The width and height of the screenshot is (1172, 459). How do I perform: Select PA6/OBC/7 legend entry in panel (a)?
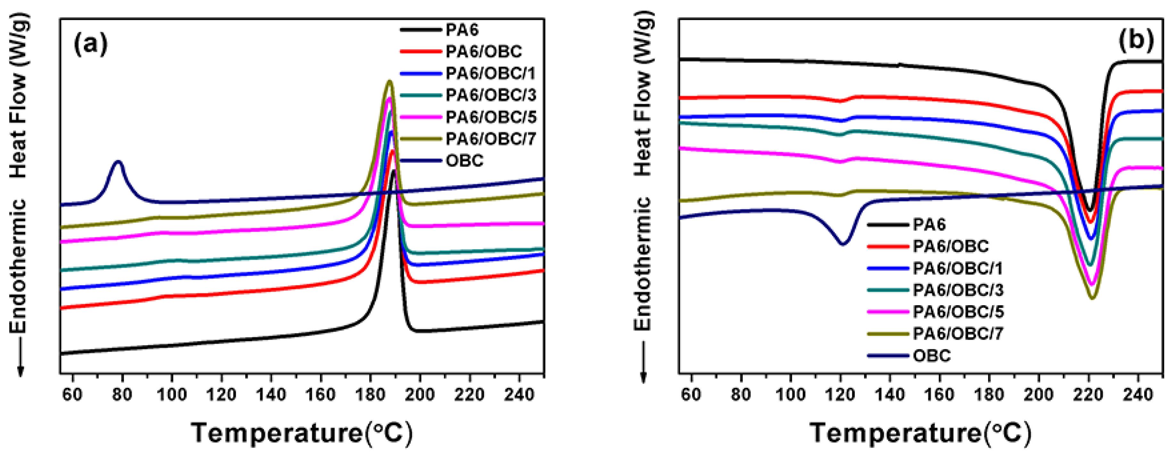490,139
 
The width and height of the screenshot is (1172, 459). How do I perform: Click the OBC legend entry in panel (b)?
931,355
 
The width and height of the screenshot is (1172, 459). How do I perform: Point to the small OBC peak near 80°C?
118,162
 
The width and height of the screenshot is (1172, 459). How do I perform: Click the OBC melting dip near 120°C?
843,244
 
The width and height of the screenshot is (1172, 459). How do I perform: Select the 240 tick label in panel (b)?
1138,394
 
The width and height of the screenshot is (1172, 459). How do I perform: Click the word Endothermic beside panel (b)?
643,264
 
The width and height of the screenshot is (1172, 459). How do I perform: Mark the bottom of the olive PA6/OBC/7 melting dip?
1092,298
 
